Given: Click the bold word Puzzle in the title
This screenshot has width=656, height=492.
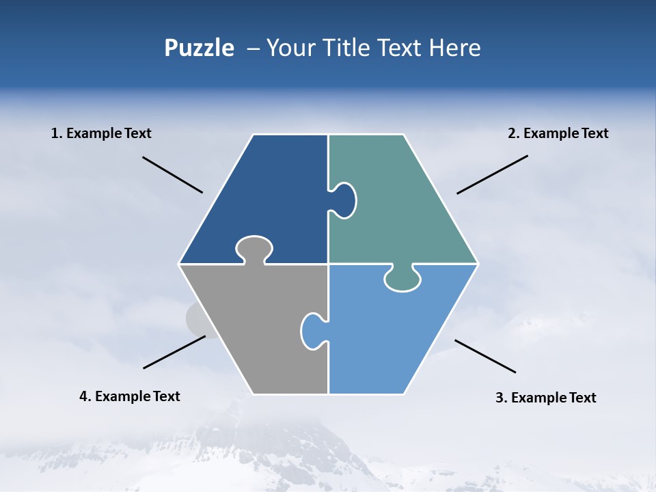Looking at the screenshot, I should (199, 49).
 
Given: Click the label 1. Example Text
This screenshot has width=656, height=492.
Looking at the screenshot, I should (101, 133).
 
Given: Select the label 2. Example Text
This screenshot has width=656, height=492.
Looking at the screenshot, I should (558, 133).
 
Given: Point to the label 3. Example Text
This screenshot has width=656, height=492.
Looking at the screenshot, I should (545, 398).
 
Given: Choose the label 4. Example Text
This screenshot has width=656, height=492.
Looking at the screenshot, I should (130, 396).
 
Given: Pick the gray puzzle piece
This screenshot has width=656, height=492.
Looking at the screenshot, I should (253, 328).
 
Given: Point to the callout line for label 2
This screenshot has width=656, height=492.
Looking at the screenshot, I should (492, 174).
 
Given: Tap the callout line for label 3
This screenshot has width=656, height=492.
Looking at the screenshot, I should (485, 356).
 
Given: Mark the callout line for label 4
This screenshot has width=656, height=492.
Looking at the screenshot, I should (174, 352).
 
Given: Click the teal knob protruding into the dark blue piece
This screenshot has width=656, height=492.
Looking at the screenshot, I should (344, 200).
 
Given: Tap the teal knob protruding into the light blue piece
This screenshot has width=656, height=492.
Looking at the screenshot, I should (402, 278).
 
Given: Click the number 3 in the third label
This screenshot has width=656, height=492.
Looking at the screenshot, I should (499, 398).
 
